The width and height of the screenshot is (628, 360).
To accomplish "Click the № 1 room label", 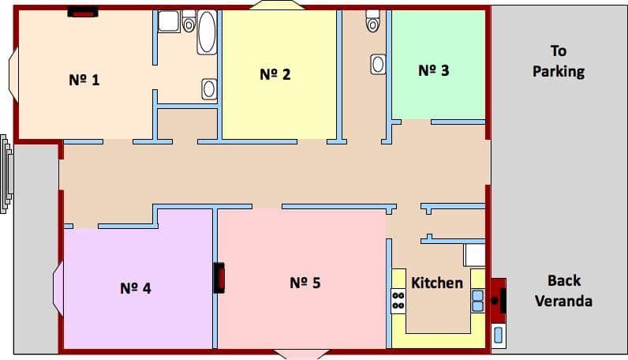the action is pyautogui.click(x=84, y=80).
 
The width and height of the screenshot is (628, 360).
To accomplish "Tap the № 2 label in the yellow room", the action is pyautogui.click(x=275, y=74).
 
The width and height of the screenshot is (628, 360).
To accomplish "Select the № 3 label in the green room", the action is pyautogui.click(x=434, y=70).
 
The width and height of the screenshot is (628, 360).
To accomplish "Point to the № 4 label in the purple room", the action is pyautogui.click(x=136, y=288).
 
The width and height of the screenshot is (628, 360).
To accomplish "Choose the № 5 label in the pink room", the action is pyautogui.click(x=305, y=283).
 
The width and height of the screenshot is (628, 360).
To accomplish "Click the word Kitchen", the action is pyautogui.click(x=437, y=283).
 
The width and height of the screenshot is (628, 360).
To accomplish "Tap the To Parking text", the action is pyautogui.click(x=559, y=61).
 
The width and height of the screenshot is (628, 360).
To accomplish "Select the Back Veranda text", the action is pyautogui.click(x=564, y=291).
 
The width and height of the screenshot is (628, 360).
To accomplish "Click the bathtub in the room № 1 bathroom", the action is pyautogui.click(x=207, y=32).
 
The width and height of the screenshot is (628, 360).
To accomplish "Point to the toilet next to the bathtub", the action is pyautogui.click(x=189, y=21).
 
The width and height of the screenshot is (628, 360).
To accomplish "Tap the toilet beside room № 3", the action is pyautogui.click(x=372, y=21).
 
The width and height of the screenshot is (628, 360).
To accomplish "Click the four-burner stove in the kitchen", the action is pyautogui.click(x=398, y=301).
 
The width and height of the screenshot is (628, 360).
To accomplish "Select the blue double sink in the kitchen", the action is pyautogui.click(x=478, y=301).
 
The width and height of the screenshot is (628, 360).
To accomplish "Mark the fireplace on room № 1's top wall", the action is pyautogui.click(x=83, y=13).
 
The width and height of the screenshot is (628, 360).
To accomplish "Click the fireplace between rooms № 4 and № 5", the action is pyautogui.click(x=219, y=277).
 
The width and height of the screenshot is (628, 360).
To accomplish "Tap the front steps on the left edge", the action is pyautogui.click(x=7, y=174).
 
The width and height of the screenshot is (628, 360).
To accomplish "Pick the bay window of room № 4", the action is pyautogui.click(x=58, y=289).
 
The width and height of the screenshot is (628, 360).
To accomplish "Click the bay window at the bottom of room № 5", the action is pyautogui.click(x=301, y=354).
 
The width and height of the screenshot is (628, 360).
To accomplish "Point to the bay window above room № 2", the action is pyautogui.click(x=277, y=5).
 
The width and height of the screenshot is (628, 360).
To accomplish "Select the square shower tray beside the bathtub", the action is pyautogui.click(x=169, y=21).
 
